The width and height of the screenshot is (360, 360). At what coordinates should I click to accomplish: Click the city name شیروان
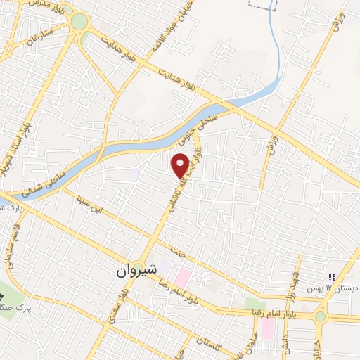[134, 270]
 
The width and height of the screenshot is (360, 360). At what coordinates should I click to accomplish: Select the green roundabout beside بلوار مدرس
[79, 22]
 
